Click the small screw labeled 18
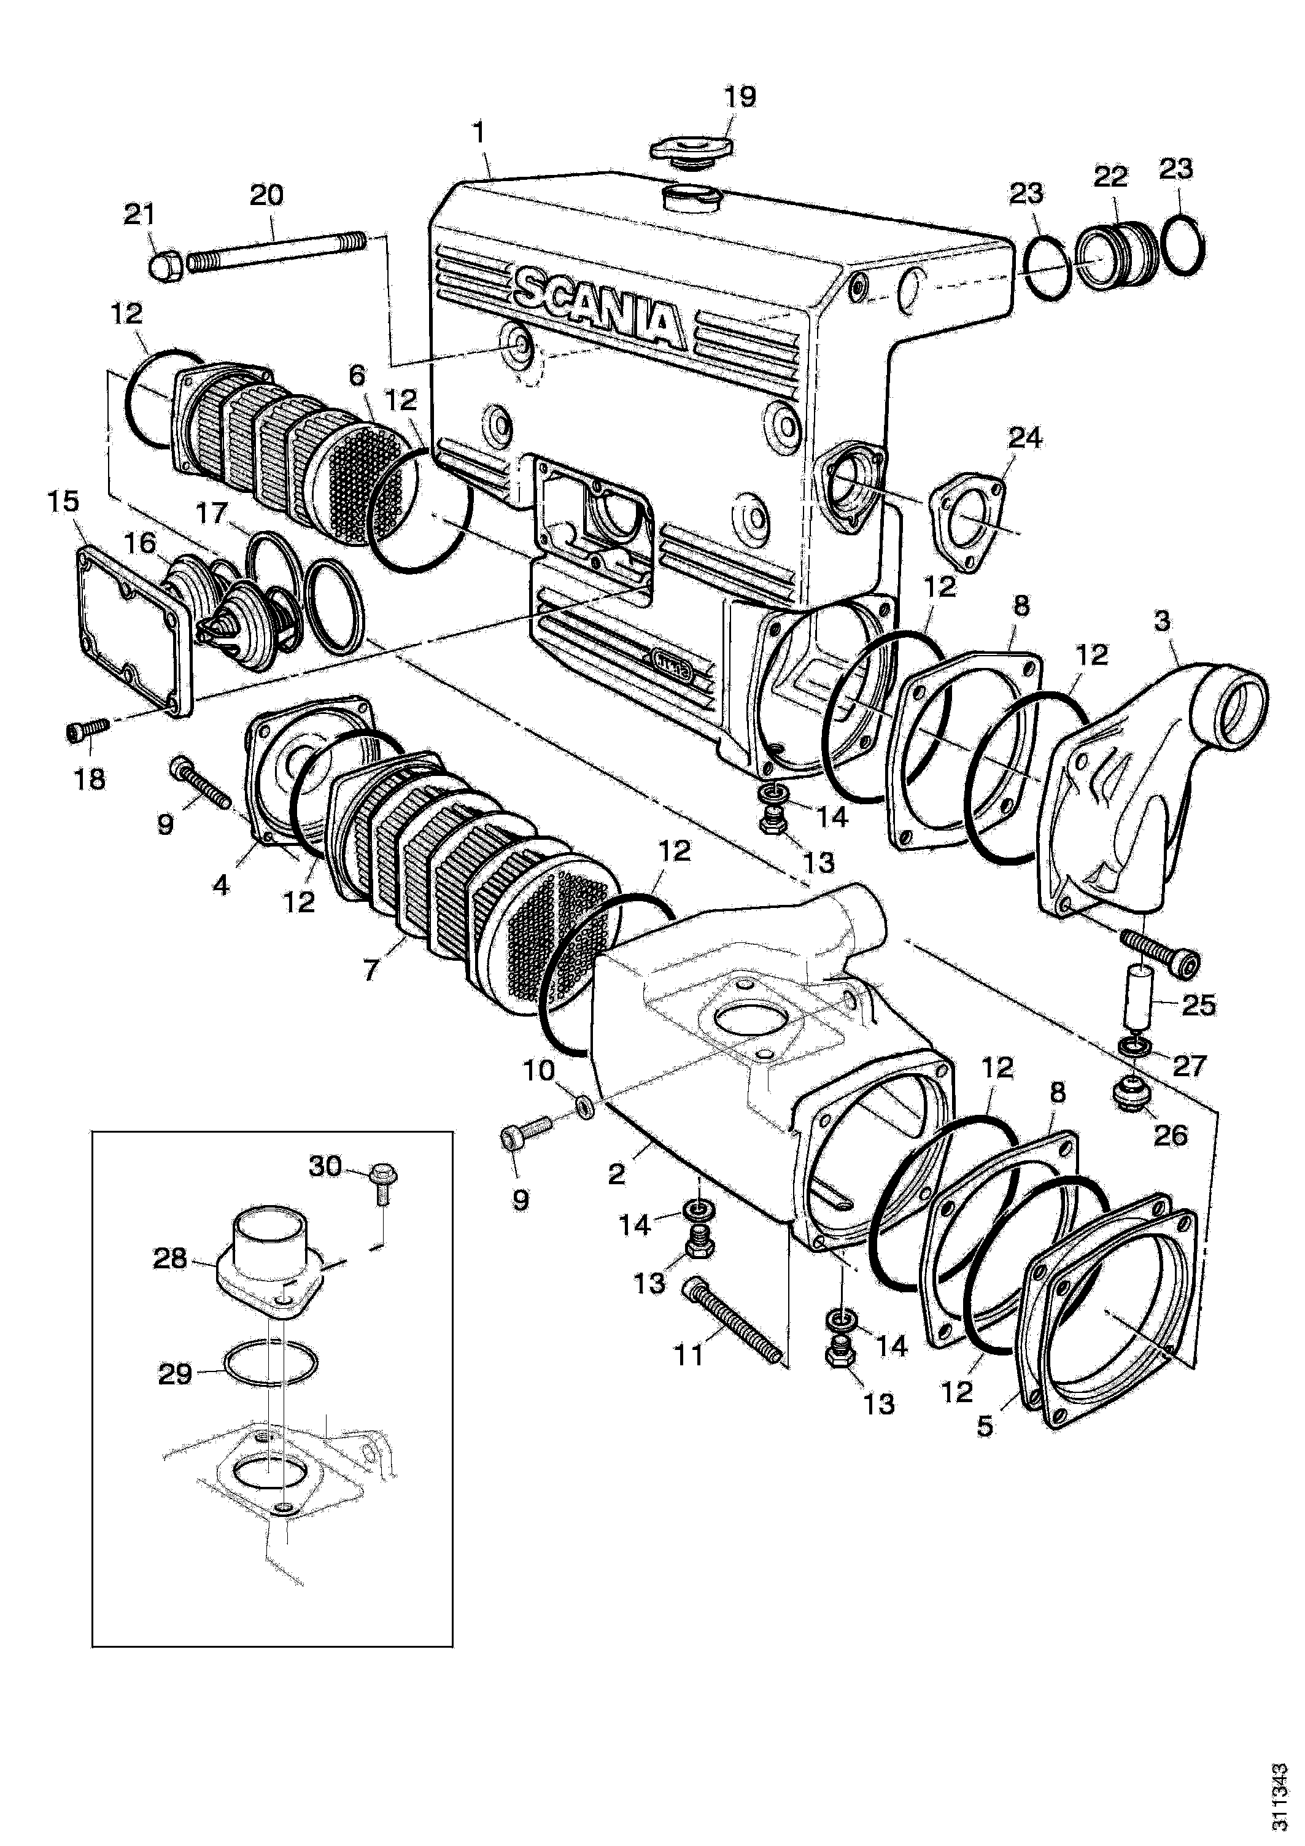pos(86,729)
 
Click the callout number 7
pos(370,971)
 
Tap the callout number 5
pos(986,1425)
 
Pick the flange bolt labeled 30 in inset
pos(381,1185)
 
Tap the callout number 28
pos(171,1258)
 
